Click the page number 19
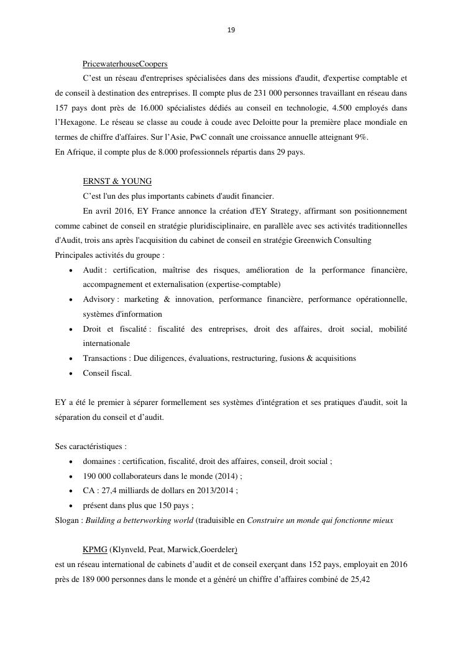(231, 30)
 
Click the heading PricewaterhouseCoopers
(125, 64)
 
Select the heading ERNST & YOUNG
(117, 181)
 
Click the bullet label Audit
(93, 270)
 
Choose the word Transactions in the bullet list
(106, 358)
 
